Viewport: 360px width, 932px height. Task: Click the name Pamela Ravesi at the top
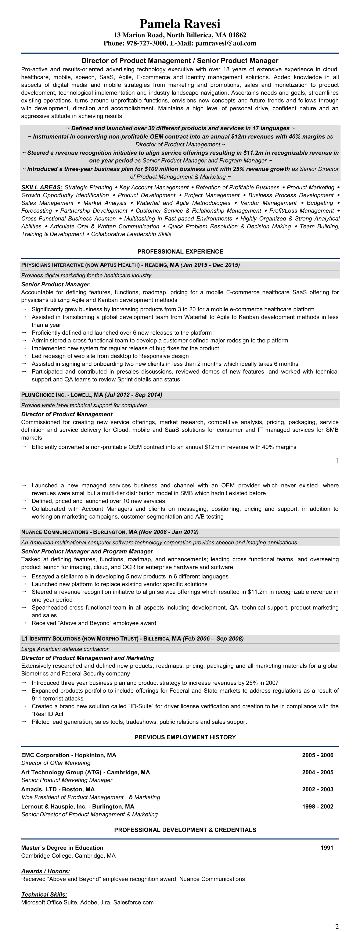pyautogui.click(x=180, y=24)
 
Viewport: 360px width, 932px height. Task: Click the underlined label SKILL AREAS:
pyautogui.click(x=42, y=187)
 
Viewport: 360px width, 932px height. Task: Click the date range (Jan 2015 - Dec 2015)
pyautogui.click(x=210, y=265)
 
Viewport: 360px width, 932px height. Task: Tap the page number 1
pyautogui.click(x=337, y=460)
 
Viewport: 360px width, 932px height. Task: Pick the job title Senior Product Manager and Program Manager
pyautogui.click(x=87, y=551)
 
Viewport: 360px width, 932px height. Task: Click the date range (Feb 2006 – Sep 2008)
pyautogui.click(x=213, y=639)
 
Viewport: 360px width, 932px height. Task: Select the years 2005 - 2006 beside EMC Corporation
pyautogui.click(x=318, y=755)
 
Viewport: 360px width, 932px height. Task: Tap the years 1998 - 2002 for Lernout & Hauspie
pyautogui.click(x=318, y=806)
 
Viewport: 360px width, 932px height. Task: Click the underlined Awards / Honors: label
pyautogui.click(x=46, y=871)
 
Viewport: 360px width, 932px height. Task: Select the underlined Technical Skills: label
pyautogui.click(x=44, y=894)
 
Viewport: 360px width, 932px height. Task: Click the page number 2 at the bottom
pyautogui.click(x=337, y=926)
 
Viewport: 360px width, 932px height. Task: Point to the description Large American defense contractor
pyautogui.click(x=65, y=649)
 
